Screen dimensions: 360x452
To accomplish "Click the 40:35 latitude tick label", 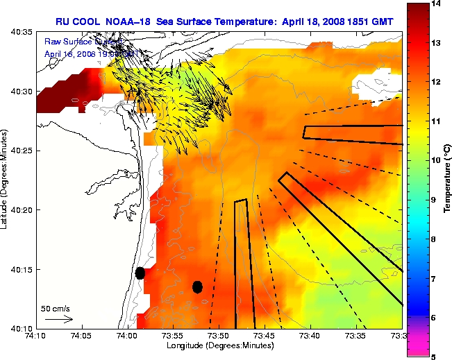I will [23, 33].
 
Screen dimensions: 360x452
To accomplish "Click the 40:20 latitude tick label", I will [23, 210].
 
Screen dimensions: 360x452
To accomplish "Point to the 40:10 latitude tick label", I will [23, 328].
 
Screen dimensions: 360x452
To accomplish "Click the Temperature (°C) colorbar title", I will [448, 180].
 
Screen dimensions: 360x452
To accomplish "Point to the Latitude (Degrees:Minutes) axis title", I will [6, 180].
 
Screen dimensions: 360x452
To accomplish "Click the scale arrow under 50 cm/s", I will [59, 319].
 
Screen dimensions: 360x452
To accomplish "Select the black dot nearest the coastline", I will [140, 273].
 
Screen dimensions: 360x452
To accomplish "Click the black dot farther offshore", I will [197, 286].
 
